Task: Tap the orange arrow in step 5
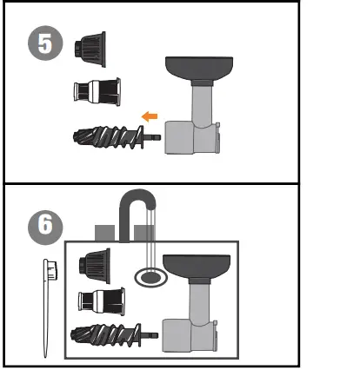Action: coord(150,115)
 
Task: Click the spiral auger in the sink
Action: coord(107,337)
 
